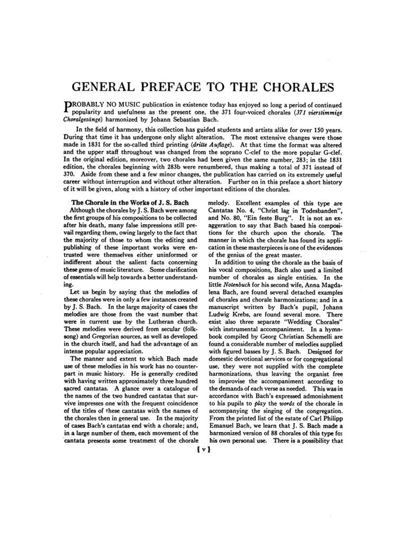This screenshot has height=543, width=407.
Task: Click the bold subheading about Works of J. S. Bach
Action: click(x=130, y=203)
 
